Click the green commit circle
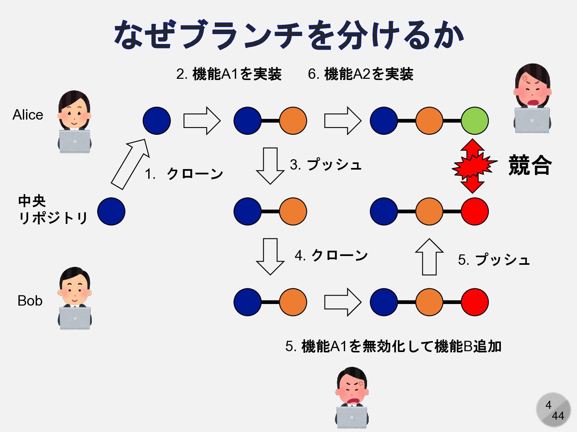tap(474, 121)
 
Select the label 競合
tap(530, 165)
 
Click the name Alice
tap(28, 115)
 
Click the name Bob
tap(30, 301)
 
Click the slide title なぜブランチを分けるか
tap(288, 35)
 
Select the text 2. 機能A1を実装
tap(229, 74)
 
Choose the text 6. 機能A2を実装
tap(360, 74)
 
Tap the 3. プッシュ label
tap(326, 164)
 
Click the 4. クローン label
tap(331, 255)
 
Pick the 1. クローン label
tap(184, 174)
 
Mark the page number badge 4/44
tap(553, 410)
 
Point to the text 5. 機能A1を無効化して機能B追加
tap(393, 346)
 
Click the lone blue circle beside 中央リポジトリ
tap(111, 212)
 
